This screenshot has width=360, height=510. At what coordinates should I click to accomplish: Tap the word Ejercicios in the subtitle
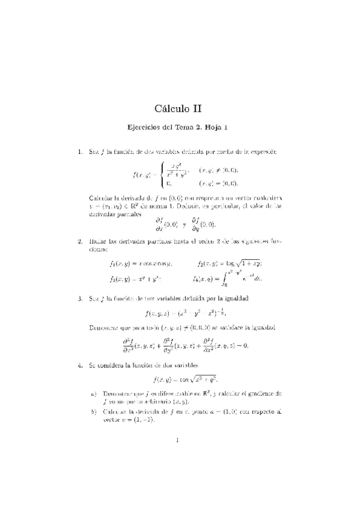point(149,127)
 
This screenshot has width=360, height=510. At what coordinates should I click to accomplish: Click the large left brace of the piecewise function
point(159,175)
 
